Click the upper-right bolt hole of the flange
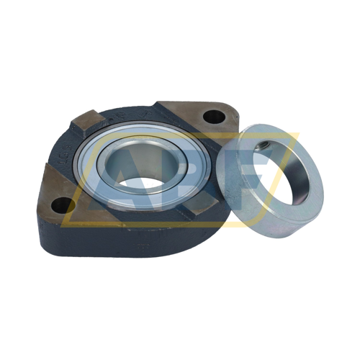(x=214, y=117)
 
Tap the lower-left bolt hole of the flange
(x=61, y=204)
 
